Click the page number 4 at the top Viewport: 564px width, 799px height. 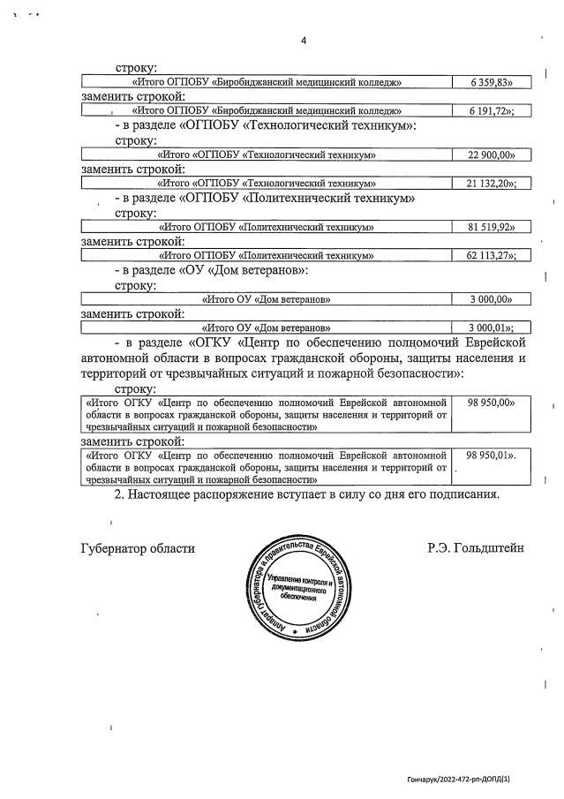pyautogui.click(x=303, y=41)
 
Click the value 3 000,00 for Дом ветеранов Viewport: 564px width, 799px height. pyautogui.click(x=492, y=299)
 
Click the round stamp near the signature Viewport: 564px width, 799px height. pyautogui.click(x=305, y=587)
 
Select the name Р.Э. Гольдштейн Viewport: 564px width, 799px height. pyautogui.click(x=475, y=548)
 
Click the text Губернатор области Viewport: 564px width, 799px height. pyautogui.click(x=137, y=548)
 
